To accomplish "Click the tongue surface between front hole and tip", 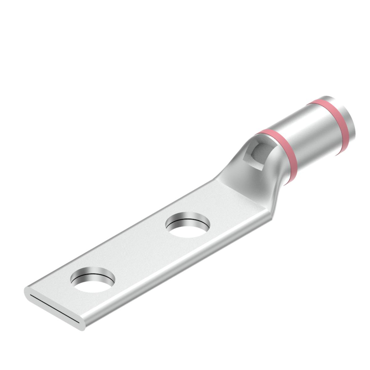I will [65, 296].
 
